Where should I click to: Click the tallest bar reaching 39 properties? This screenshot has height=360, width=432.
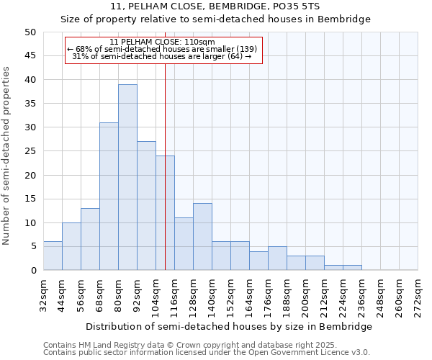click(127, 177)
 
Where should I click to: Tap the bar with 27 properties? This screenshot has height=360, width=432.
click(146, 206)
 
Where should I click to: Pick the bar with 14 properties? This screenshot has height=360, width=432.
click(202, 237)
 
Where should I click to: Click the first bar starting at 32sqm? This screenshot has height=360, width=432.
click(53, 256)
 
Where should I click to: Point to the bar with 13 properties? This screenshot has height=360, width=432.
click(90, 239)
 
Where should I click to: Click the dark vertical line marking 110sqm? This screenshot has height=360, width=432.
click(165, 166)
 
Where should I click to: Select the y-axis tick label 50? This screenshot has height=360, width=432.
click(30, 32)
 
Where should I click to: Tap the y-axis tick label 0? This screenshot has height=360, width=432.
click(32, 271)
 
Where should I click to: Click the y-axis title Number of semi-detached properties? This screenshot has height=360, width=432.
click(7, 156)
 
